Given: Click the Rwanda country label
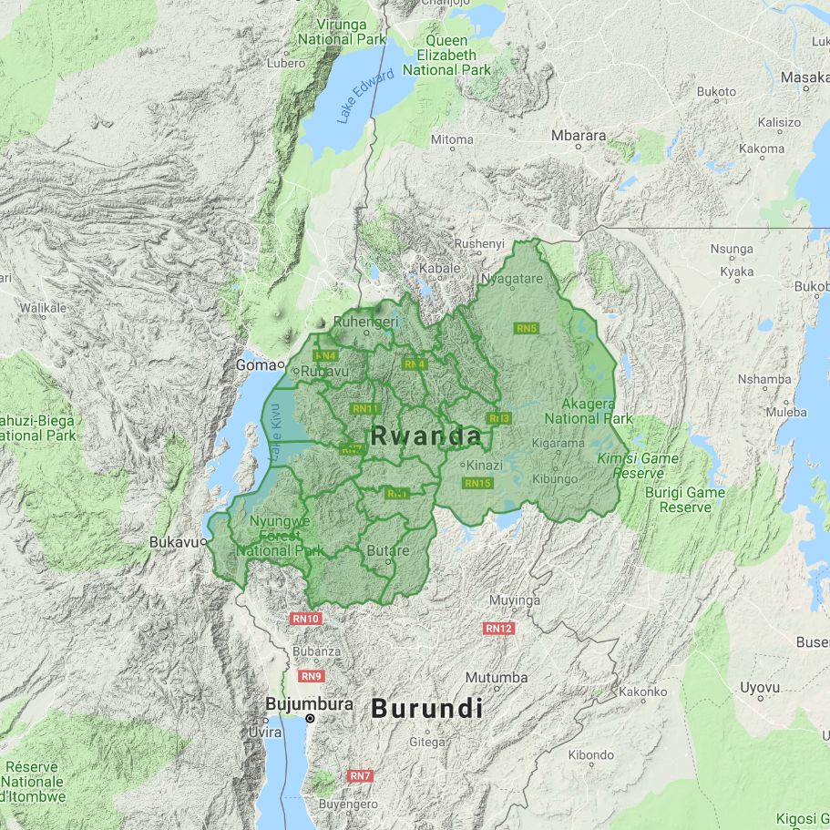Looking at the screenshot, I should point(426,436).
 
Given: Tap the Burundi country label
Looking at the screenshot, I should point(426,708).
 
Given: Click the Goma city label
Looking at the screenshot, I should point(256,364).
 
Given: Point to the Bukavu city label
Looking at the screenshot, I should point(173,542).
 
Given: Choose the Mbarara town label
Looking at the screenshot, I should point(579,136).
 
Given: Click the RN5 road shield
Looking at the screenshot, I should point(527,328).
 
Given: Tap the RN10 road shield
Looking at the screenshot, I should point(306,619).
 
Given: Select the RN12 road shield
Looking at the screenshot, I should point(499,629).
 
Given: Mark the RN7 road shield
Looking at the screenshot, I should point(360,776).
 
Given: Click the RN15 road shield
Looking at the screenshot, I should point(477,483).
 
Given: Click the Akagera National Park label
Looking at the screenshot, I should point(589,411).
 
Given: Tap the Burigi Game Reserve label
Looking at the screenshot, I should point(692,499).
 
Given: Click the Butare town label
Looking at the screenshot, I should point(387,551).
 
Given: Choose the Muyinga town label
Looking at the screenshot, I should point(515,600).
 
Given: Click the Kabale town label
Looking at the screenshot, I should point(439,269).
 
